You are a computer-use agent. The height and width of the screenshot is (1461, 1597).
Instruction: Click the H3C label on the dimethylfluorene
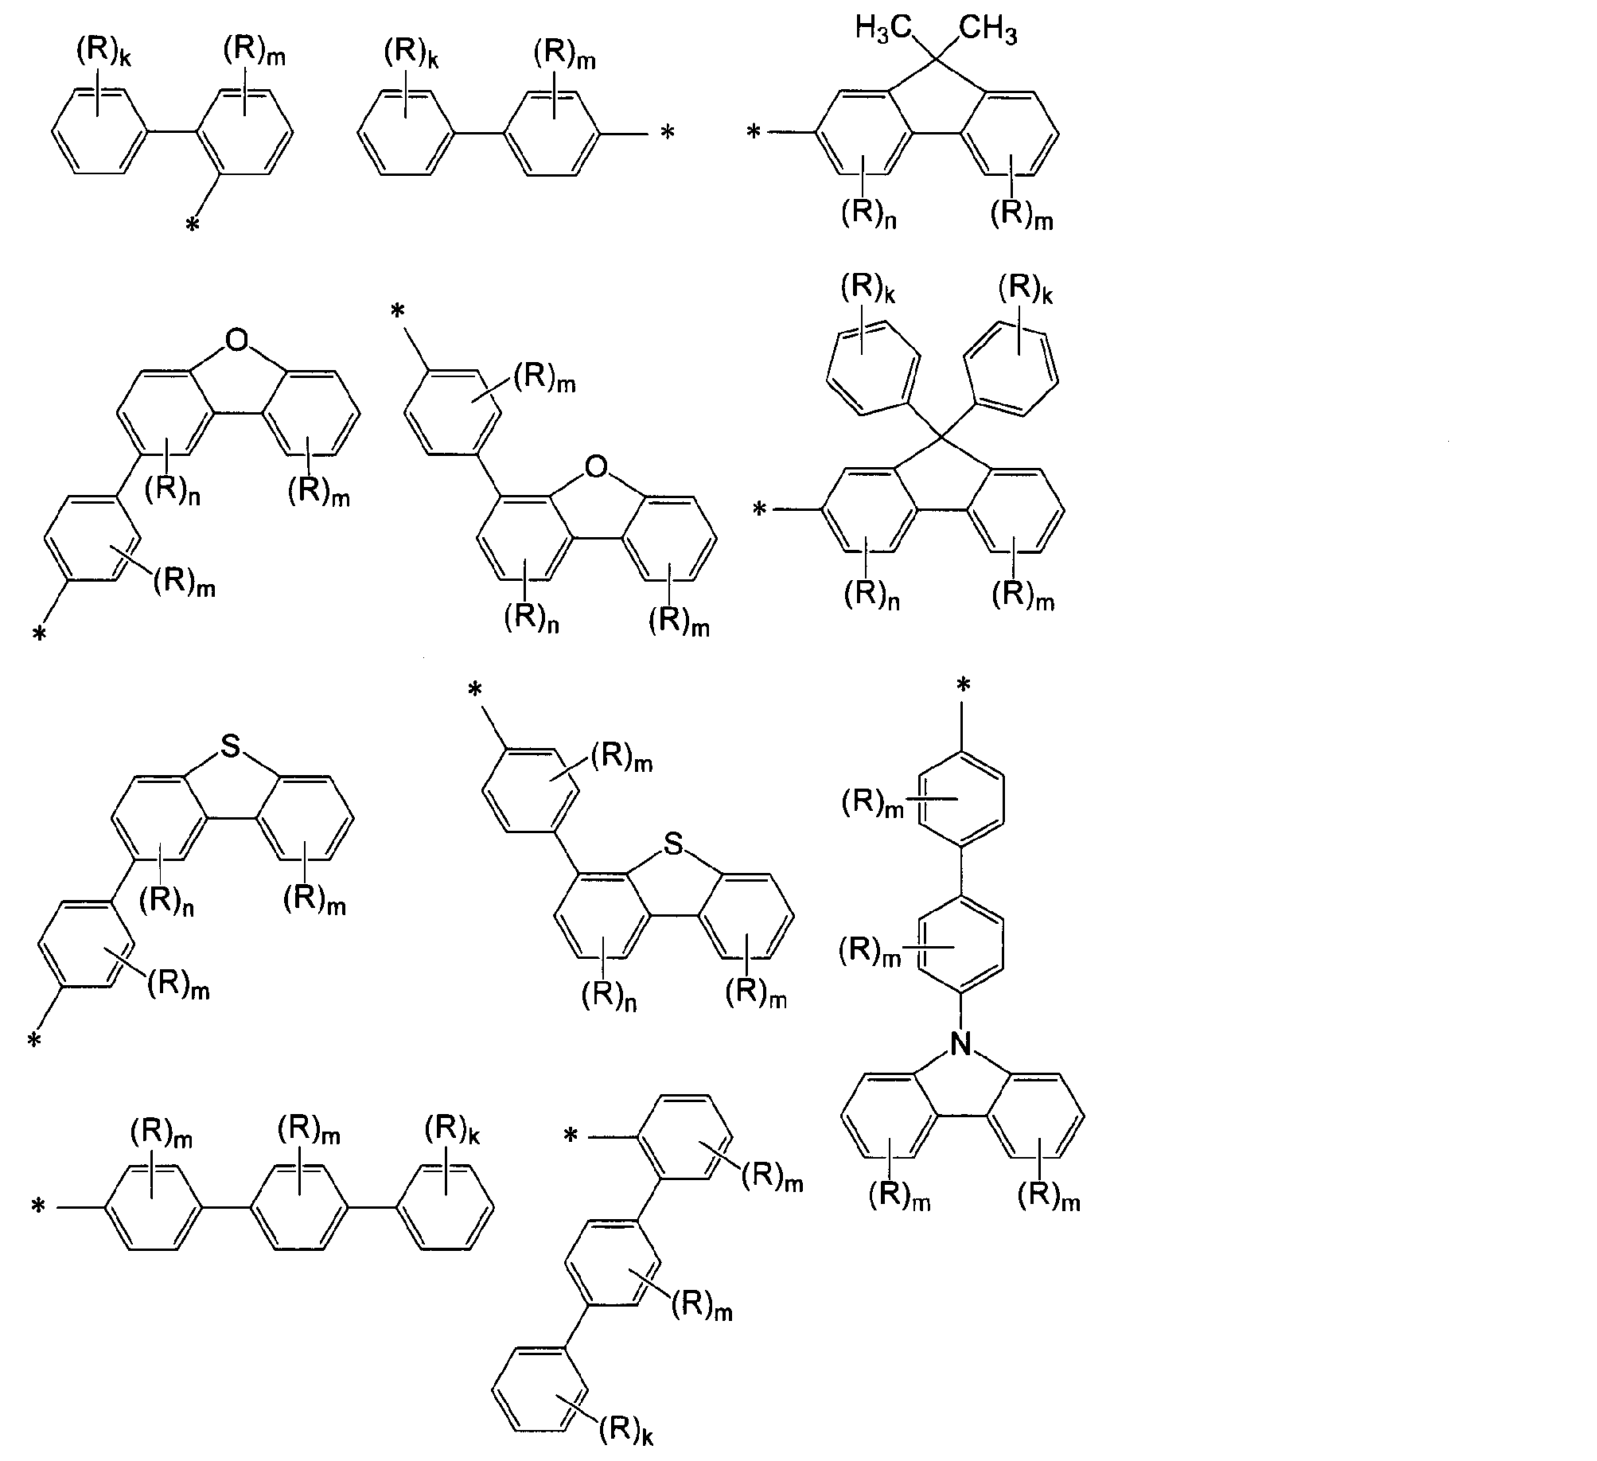(882, 29)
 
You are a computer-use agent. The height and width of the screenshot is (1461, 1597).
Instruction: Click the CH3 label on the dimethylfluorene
(987, 29)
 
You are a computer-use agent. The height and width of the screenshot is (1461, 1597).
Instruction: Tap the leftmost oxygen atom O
(236, 341)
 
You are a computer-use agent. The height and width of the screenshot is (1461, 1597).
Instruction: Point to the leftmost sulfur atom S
(230, 746)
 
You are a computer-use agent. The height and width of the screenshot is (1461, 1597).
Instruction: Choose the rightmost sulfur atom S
(673, 845)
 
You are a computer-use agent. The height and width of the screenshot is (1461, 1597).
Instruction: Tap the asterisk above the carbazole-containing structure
(964, 684)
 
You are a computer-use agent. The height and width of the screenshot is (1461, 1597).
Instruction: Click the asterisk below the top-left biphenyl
(192, 227)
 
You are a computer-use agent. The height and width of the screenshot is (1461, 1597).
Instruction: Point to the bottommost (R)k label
(626, 1430)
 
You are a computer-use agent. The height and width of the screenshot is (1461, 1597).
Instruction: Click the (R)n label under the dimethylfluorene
(869, 215)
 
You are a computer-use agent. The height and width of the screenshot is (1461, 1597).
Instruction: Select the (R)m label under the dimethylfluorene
(1022, 215)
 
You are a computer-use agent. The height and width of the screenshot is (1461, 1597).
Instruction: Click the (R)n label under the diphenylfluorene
(872, 594)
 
